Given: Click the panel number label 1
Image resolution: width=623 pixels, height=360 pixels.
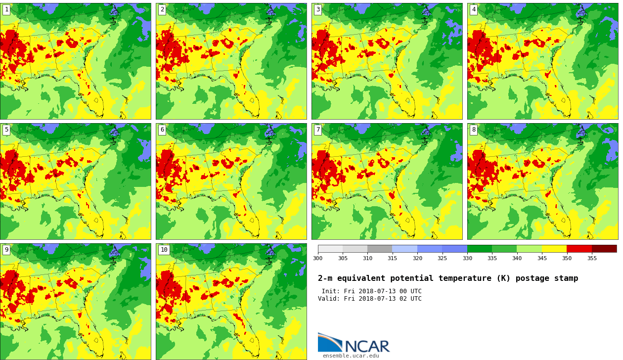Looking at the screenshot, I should tap(6, 9).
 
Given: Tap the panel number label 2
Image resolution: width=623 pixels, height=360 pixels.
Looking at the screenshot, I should tap(162, 9).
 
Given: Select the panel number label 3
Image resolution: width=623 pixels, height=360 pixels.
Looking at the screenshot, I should tap(318, 9).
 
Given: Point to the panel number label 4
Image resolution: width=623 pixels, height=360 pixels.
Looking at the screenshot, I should tap(474, 9).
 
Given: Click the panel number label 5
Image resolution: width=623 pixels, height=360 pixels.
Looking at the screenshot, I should tap(6, 130).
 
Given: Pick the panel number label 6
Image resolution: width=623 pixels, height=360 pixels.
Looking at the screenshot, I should tap(162, 130).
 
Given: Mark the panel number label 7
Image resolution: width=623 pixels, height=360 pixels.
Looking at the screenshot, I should tap(318, 130).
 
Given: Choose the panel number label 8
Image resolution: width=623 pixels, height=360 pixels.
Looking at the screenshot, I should tap(474, 130).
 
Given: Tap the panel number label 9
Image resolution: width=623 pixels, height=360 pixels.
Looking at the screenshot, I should tap(6, 250).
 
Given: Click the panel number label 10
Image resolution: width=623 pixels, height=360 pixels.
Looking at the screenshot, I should tap(164, 250).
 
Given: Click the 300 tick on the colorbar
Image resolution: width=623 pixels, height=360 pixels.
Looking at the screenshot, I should tap(317, 258).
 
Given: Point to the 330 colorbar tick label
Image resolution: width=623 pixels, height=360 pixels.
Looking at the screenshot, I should tap(467, 258).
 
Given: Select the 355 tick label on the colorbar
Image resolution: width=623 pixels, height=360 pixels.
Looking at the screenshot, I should tap(592, 258).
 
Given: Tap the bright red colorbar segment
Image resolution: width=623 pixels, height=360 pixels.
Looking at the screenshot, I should tap(579, 249).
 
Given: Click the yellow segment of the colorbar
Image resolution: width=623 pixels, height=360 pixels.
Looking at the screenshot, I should tap(554, 249).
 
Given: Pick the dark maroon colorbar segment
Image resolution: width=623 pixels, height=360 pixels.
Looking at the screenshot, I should tap(604, 249).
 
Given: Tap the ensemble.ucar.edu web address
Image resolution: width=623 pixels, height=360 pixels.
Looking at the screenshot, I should tap(351, 356).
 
